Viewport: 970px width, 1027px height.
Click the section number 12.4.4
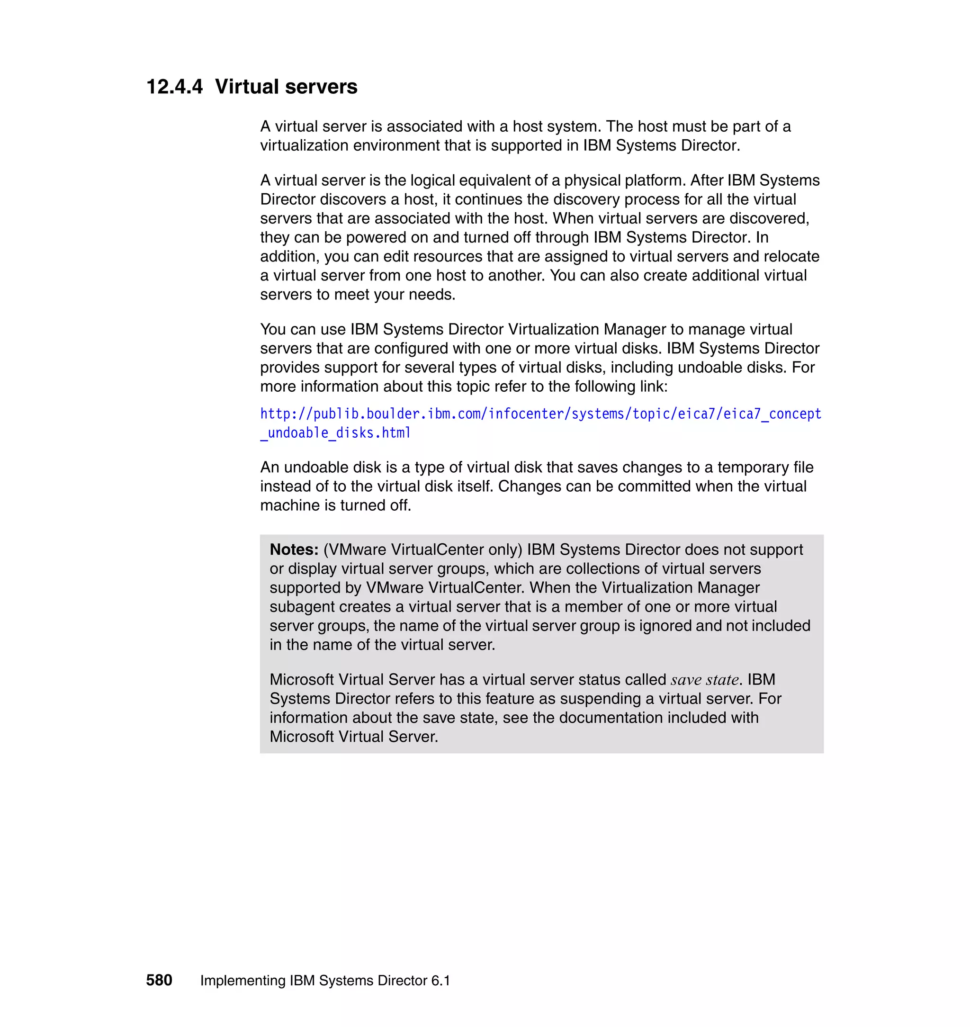[174, 86]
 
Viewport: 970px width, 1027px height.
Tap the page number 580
[159, 980]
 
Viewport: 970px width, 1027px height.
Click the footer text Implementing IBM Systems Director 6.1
[325, 981]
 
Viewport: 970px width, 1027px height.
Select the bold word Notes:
[294, 549]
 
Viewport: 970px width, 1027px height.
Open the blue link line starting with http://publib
[540, 414]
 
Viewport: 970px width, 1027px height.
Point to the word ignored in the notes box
[665, 626]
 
